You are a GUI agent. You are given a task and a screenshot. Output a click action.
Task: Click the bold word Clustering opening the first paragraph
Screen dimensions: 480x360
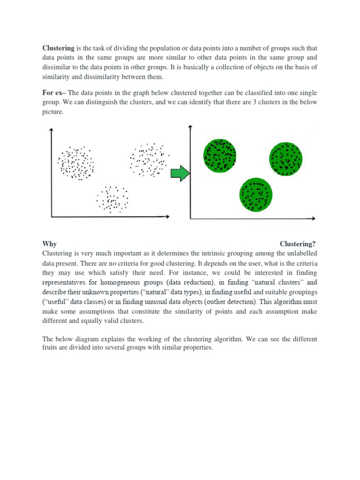pos(59,48)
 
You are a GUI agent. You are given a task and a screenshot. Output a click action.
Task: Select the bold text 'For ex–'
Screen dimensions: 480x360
pos(54,93)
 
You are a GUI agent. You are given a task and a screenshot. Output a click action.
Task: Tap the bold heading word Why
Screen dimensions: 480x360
pos(49,244)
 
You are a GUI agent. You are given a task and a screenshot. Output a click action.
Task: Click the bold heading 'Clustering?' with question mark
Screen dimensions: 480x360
pos(298,244)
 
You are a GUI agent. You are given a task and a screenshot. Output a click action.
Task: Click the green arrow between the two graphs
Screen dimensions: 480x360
pos(180,174)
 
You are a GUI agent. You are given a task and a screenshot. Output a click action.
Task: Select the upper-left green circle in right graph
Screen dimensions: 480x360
pos(219,155)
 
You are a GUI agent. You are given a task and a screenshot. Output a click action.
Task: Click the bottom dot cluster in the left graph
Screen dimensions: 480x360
pos(112,199)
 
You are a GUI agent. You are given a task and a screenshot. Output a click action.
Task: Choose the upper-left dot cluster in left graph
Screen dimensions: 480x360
pos(75,162)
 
